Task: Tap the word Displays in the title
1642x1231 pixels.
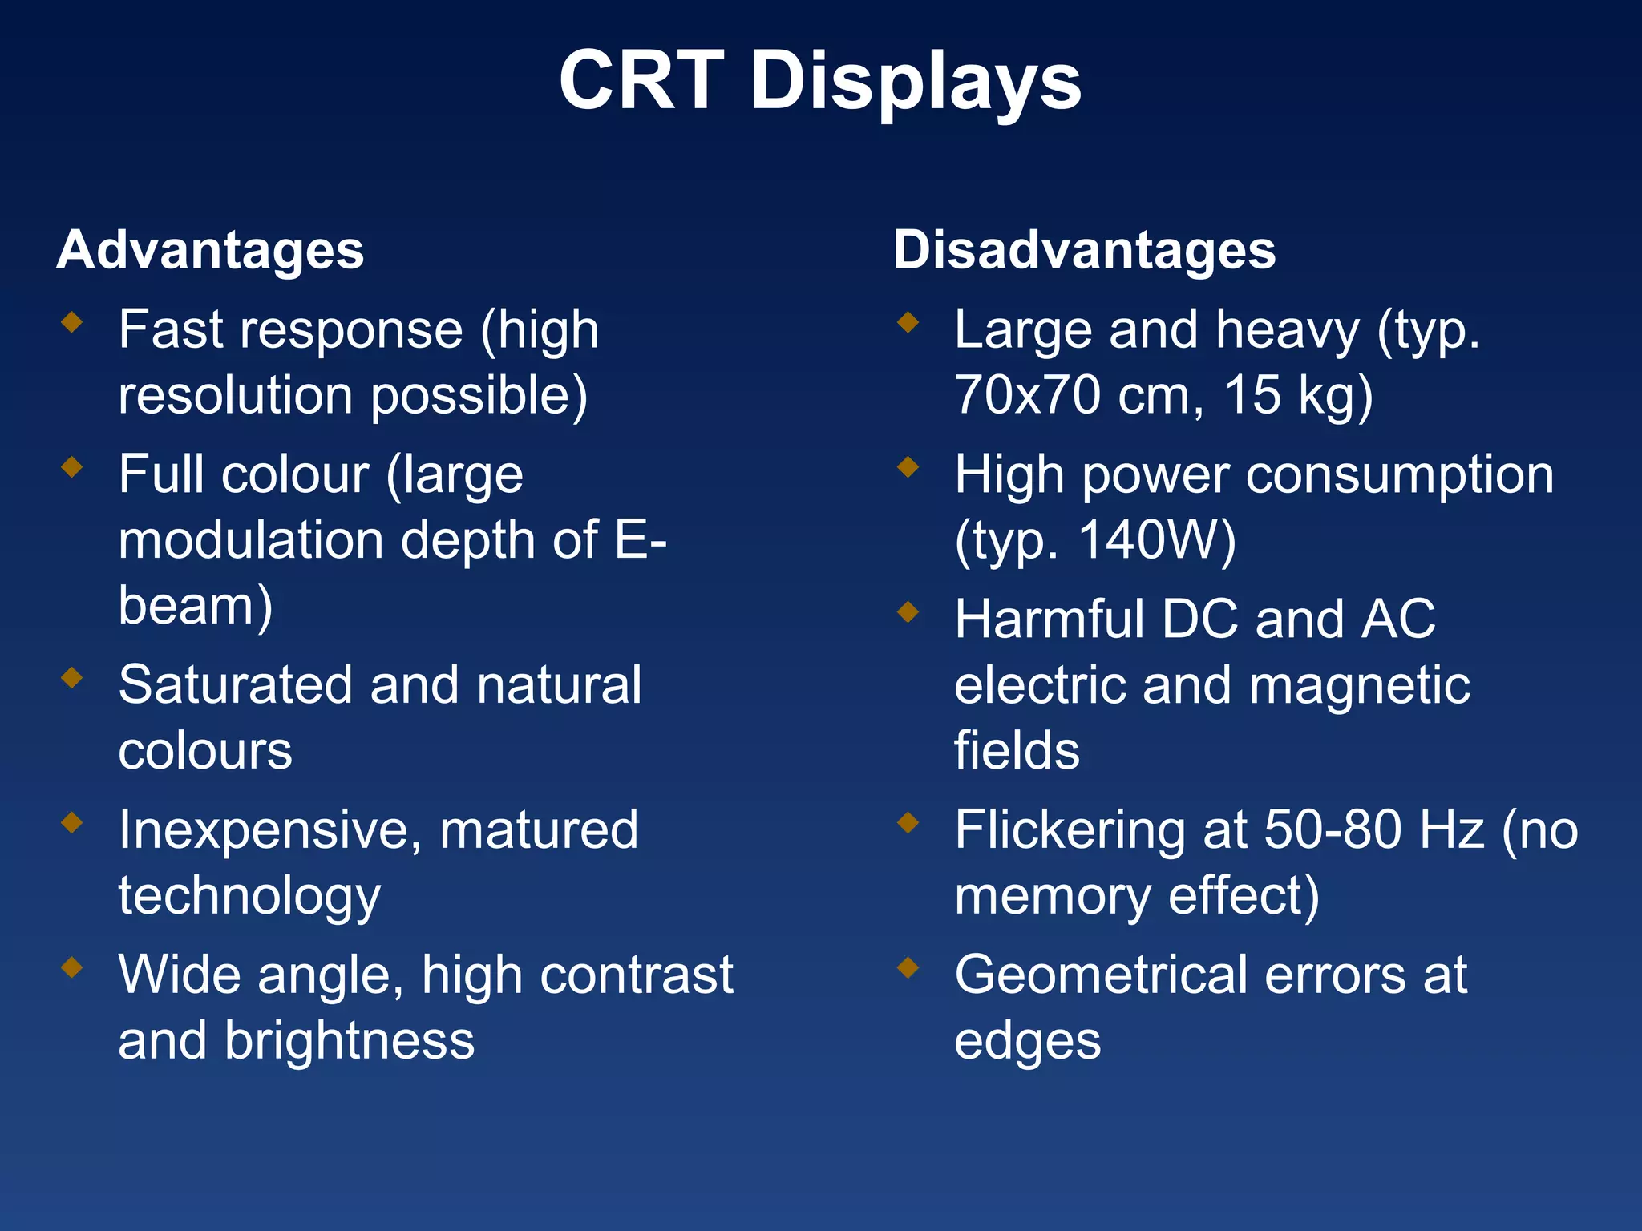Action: pyautogui.click(x=916, y=82)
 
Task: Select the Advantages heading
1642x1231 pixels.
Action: pyautogui.click(x=210, y=250)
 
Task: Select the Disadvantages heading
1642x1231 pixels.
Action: pyautogui.click(x=1084, y=250)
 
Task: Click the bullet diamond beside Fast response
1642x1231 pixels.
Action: pyautogui.click(x=72, y=322)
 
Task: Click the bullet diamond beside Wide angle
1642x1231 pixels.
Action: pyautogui.click(x=72, y=967)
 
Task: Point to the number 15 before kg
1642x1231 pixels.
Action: pyautogui.click(x=1252, y=395)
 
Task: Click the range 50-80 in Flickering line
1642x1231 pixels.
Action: pyautogui.click(x=1334, y=829)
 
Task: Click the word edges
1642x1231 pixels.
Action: pyautogui.click(x=1027, y=1042)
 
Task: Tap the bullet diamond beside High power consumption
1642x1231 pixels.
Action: pyautogui.click(x=908, y=466)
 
